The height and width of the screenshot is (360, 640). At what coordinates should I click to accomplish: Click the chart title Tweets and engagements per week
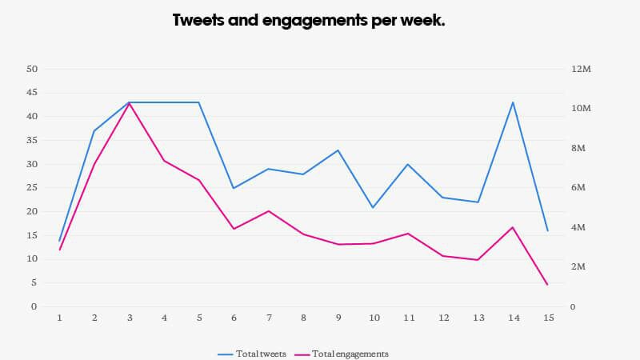(x=309, y=21)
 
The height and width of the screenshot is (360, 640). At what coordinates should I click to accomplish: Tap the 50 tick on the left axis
(x=32, y=69)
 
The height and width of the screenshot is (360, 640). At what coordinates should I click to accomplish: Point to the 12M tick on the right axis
(x=580, y=69)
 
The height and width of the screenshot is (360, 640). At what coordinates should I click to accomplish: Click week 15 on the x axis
(x=547, y=318)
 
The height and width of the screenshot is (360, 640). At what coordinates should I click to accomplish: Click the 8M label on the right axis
(x=578, y=148)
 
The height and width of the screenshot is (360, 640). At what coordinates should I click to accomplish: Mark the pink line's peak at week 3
(x=130, y=103)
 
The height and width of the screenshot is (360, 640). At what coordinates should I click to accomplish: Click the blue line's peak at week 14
(x=513, y=102)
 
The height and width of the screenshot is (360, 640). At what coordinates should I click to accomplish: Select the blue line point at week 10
(x=374, y=208)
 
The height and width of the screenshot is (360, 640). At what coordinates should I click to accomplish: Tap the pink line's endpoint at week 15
(x=547, y=285)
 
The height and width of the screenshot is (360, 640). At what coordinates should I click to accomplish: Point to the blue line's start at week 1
(x=60, y=240)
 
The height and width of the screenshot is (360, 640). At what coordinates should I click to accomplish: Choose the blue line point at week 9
(x=338, y=150)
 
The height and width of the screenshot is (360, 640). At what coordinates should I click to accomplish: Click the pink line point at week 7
(x=269, y=211)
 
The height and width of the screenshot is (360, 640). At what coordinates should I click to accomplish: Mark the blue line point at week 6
(x=234, y=188)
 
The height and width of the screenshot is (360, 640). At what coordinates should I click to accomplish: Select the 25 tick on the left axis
(x=32, y=187)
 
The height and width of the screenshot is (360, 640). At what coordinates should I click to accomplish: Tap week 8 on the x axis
(x=303, y=318)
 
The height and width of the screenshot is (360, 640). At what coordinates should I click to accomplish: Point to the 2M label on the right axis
(x=578, y=266)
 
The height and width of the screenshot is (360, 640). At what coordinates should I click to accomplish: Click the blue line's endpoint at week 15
(x=547, y=230)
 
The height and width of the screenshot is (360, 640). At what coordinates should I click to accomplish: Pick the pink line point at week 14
(x=513, y=227)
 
